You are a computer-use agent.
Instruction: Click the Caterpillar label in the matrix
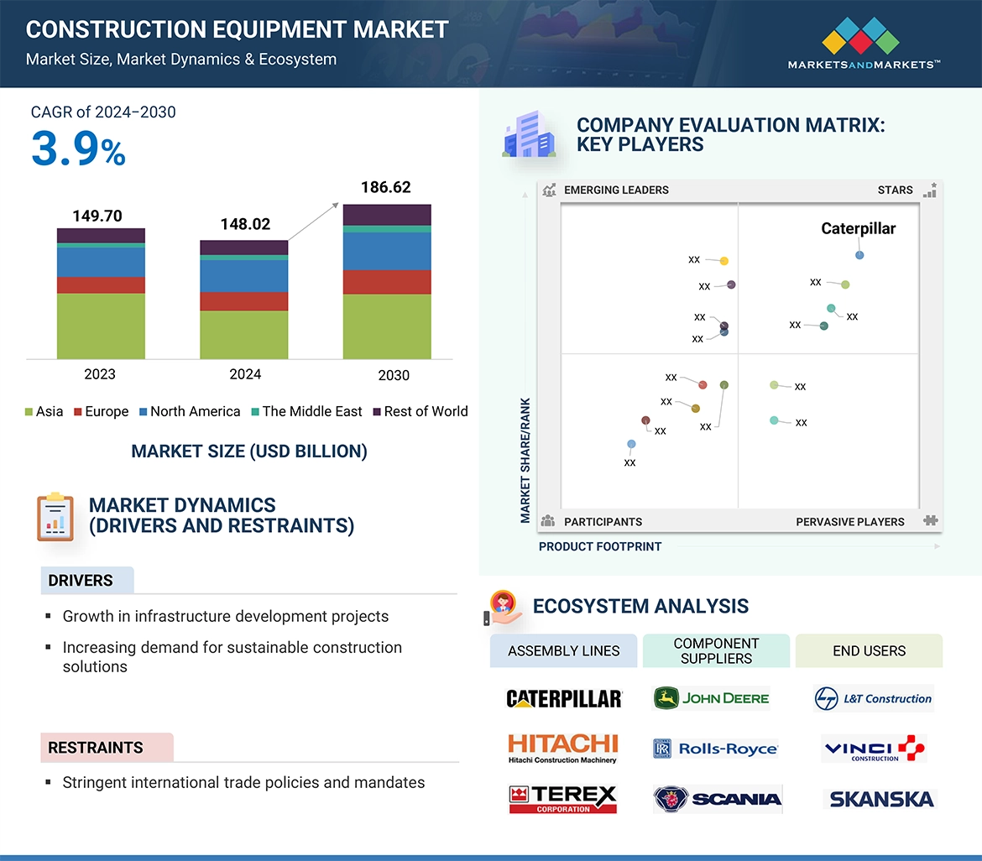858,228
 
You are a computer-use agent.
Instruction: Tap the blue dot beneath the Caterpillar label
859,255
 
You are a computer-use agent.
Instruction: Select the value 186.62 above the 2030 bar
386,187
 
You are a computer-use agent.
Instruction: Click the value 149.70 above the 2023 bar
97,216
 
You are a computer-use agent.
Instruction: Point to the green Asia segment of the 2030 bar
387,326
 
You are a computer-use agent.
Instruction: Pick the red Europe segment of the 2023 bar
101,285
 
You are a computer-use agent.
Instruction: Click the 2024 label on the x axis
245,374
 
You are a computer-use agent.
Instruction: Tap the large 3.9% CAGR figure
78,149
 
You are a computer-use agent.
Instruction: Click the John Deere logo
712,698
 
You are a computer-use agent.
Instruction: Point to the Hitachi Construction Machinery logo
562,748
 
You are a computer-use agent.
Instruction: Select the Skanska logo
881,799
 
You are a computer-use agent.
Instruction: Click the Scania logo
718,799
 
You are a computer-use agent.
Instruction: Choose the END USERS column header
869,650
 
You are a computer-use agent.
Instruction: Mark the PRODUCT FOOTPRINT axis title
600,546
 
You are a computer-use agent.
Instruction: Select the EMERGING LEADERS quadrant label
615,190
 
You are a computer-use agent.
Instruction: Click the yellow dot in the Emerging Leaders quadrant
724,261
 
